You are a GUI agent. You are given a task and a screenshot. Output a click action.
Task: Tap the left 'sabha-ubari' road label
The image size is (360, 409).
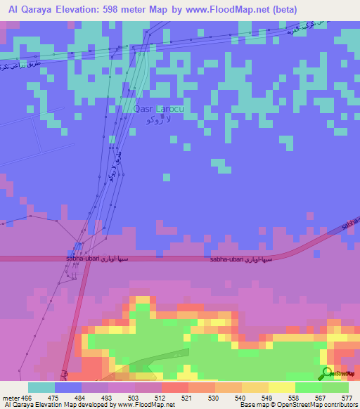(87, 259)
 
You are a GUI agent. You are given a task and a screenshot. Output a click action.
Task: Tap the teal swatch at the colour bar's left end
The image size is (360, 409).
(41, 387)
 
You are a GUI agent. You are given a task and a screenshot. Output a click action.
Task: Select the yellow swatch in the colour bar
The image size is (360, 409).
(281, 387)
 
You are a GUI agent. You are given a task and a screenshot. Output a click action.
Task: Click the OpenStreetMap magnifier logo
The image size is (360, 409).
(327, 373)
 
